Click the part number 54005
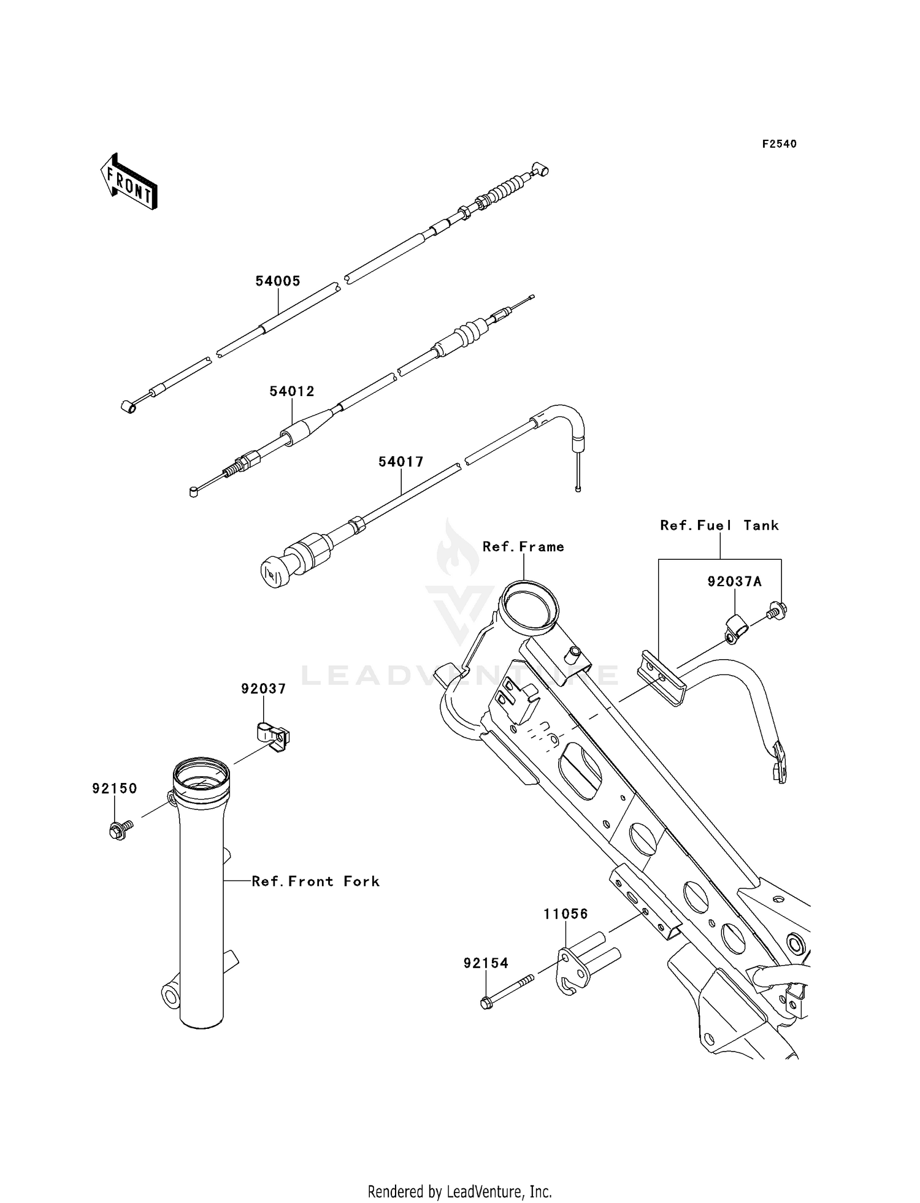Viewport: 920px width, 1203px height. [278, 281]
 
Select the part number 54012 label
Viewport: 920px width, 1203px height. [292, 391]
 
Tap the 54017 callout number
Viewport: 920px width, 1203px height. [401, 462]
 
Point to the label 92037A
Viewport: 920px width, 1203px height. [735, 581]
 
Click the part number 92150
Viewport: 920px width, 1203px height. [115, 789]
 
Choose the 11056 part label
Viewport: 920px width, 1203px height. [565, 914]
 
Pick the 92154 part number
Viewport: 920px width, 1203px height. [486, 963]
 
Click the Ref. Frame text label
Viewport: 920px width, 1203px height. [523, 547]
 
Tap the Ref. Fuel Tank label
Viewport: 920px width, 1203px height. [719, 525]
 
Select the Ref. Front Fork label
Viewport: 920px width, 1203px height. [316, 882]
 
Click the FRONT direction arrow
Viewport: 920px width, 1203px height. [129, 182]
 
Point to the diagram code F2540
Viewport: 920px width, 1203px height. [780, 144]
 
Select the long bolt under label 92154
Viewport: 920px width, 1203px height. [507, 991]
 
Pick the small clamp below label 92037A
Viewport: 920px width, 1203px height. [734, 630]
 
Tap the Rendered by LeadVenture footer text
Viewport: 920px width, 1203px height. [460, 1191]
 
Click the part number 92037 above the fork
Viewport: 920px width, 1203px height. [263, 689]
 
